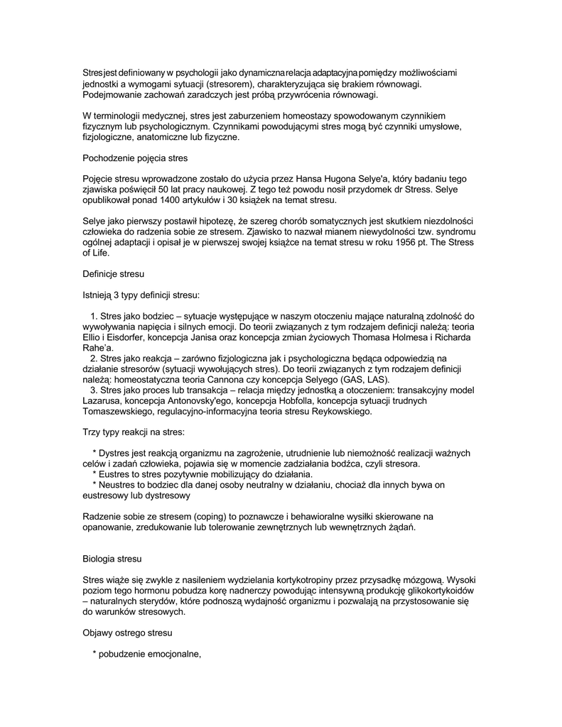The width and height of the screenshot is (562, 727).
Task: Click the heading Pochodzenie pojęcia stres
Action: click(x=135, y=159)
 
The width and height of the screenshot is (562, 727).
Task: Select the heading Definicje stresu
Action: click(x=114, y=273)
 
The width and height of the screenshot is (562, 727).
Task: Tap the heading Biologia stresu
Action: click(x=112, y=559)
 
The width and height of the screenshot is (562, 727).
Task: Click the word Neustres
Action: click(x=118, y=485)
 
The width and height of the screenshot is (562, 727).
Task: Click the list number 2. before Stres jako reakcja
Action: click(x=94, y=359)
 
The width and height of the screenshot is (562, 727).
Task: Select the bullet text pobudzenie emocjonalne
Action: click(x=152, y=655)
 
